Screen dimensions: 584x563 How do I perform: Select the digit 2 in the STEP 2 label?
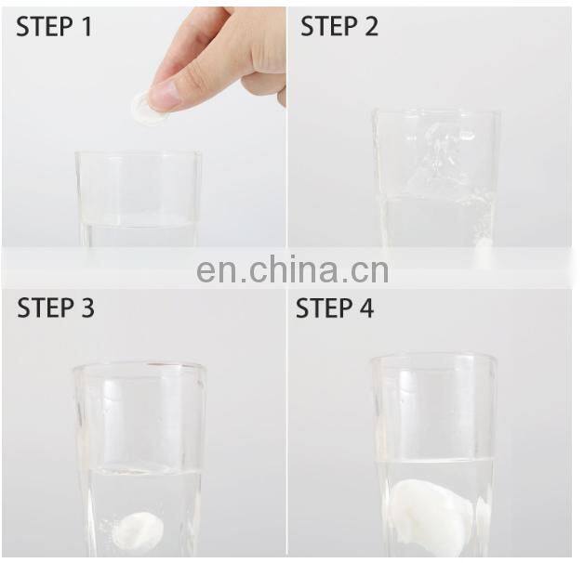(x=371, y=26)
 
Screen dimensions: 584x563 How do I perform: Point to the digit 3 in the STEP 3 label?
(x=87, y=308)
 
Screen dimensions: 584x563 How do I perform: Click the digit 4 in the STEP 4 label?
(x=366, y=308)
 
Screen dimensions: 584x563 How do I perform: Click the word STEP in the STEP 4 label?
(x=324, y=308)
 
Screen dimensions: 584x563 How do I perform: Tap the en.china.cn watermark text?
(x=292, y=269)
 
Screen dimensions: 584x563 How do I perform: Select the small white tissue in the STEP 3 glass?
(x=140, y=531)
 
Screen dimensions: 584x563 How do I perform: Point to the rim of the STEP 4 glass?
(x=434, y=359)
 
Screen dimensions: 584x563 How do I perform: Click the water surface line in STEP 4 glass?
(x=434, y=461)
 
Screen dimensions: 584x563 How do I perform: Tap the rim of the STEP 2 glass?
(x=436, y=111)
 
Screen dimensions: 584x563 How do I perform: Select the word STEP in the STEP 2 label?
(x=328, y=26)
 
